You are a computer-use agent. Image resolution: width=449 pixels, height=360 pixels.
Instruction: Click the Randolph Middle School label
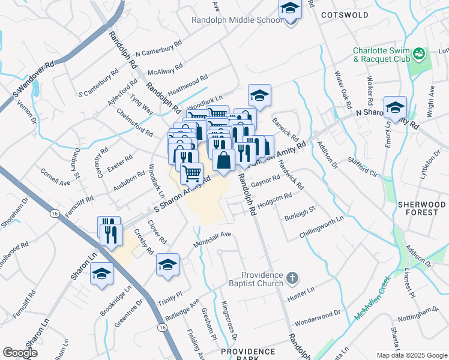[236, 20]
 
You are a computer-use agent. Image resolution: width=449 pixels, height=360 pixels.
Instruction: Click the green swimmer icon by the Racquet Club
[420, 55]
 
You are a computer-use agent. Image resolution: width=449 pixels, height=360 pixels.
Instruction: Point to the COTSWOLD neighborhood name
[345, 14]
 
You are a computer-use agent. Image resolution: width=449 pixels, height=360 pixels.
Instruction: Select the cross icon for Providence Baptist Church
[292, 278]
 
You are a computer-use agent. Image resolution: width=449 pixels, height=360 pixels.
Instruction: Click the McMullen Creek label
[372, 297]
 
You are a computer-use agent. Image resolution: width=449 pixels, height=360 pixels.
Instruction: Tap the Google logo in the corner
[20, 353]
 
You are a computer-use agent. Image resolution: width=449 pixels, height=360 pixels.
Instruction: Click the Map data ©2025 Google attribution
[411, 355]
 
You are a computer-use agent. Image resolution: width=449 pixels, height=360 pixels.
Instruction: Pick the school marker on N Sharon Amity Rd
[395, 107]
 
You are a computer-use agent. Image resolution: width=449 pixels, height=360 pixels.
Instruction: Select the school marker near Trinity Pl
[167, 264]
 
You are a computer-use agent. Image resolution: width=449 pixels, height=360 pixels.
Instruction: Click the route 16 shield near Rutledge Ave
[162, 327]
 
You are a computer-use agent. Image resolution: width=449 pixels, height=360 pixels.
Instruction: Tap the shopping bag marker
[223, 160]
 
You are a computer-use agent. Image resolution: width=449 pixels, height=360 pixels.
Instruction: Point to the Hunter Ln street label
[301, 292]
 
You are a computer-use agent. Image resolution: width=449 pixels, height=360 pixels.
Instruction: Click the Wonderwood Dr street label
[318, 317]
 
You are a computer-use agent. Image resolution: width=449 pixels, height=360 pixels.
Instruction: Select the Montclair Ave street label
[212, 239]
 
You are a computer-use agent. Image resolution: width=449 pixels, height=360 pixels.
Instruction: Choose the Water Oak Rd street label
[342, 88]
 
